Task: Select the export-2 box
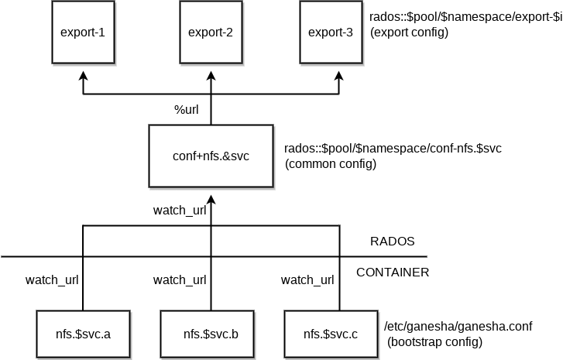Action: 211,33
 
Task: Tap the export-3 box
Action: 331,33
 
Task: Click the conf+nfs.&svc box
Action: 211,156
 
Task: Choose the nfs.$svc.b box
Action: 211,334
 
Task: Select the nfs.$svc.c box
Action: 331,334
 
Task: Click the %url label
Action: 186,109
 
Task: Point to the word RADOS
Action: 393,241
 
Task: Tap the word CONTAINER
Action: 393,273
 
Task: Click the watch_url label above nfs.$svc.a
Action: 52,279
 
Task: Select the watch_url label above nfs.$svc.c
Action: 307,279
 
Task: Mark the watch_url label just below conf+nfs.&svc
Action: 180,210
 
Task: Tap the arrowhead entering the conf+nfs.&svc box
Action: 211,195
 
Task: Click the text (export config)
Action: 410,33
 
